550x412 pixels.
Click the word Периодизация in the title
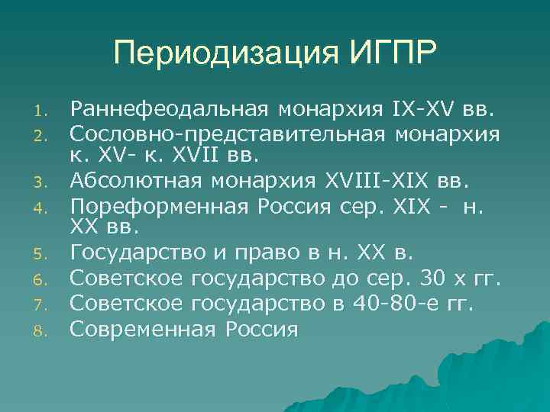[217, 55]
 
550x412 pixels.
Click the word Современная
[142, 330]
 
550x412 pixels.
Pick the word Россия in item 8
[261, 330]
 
